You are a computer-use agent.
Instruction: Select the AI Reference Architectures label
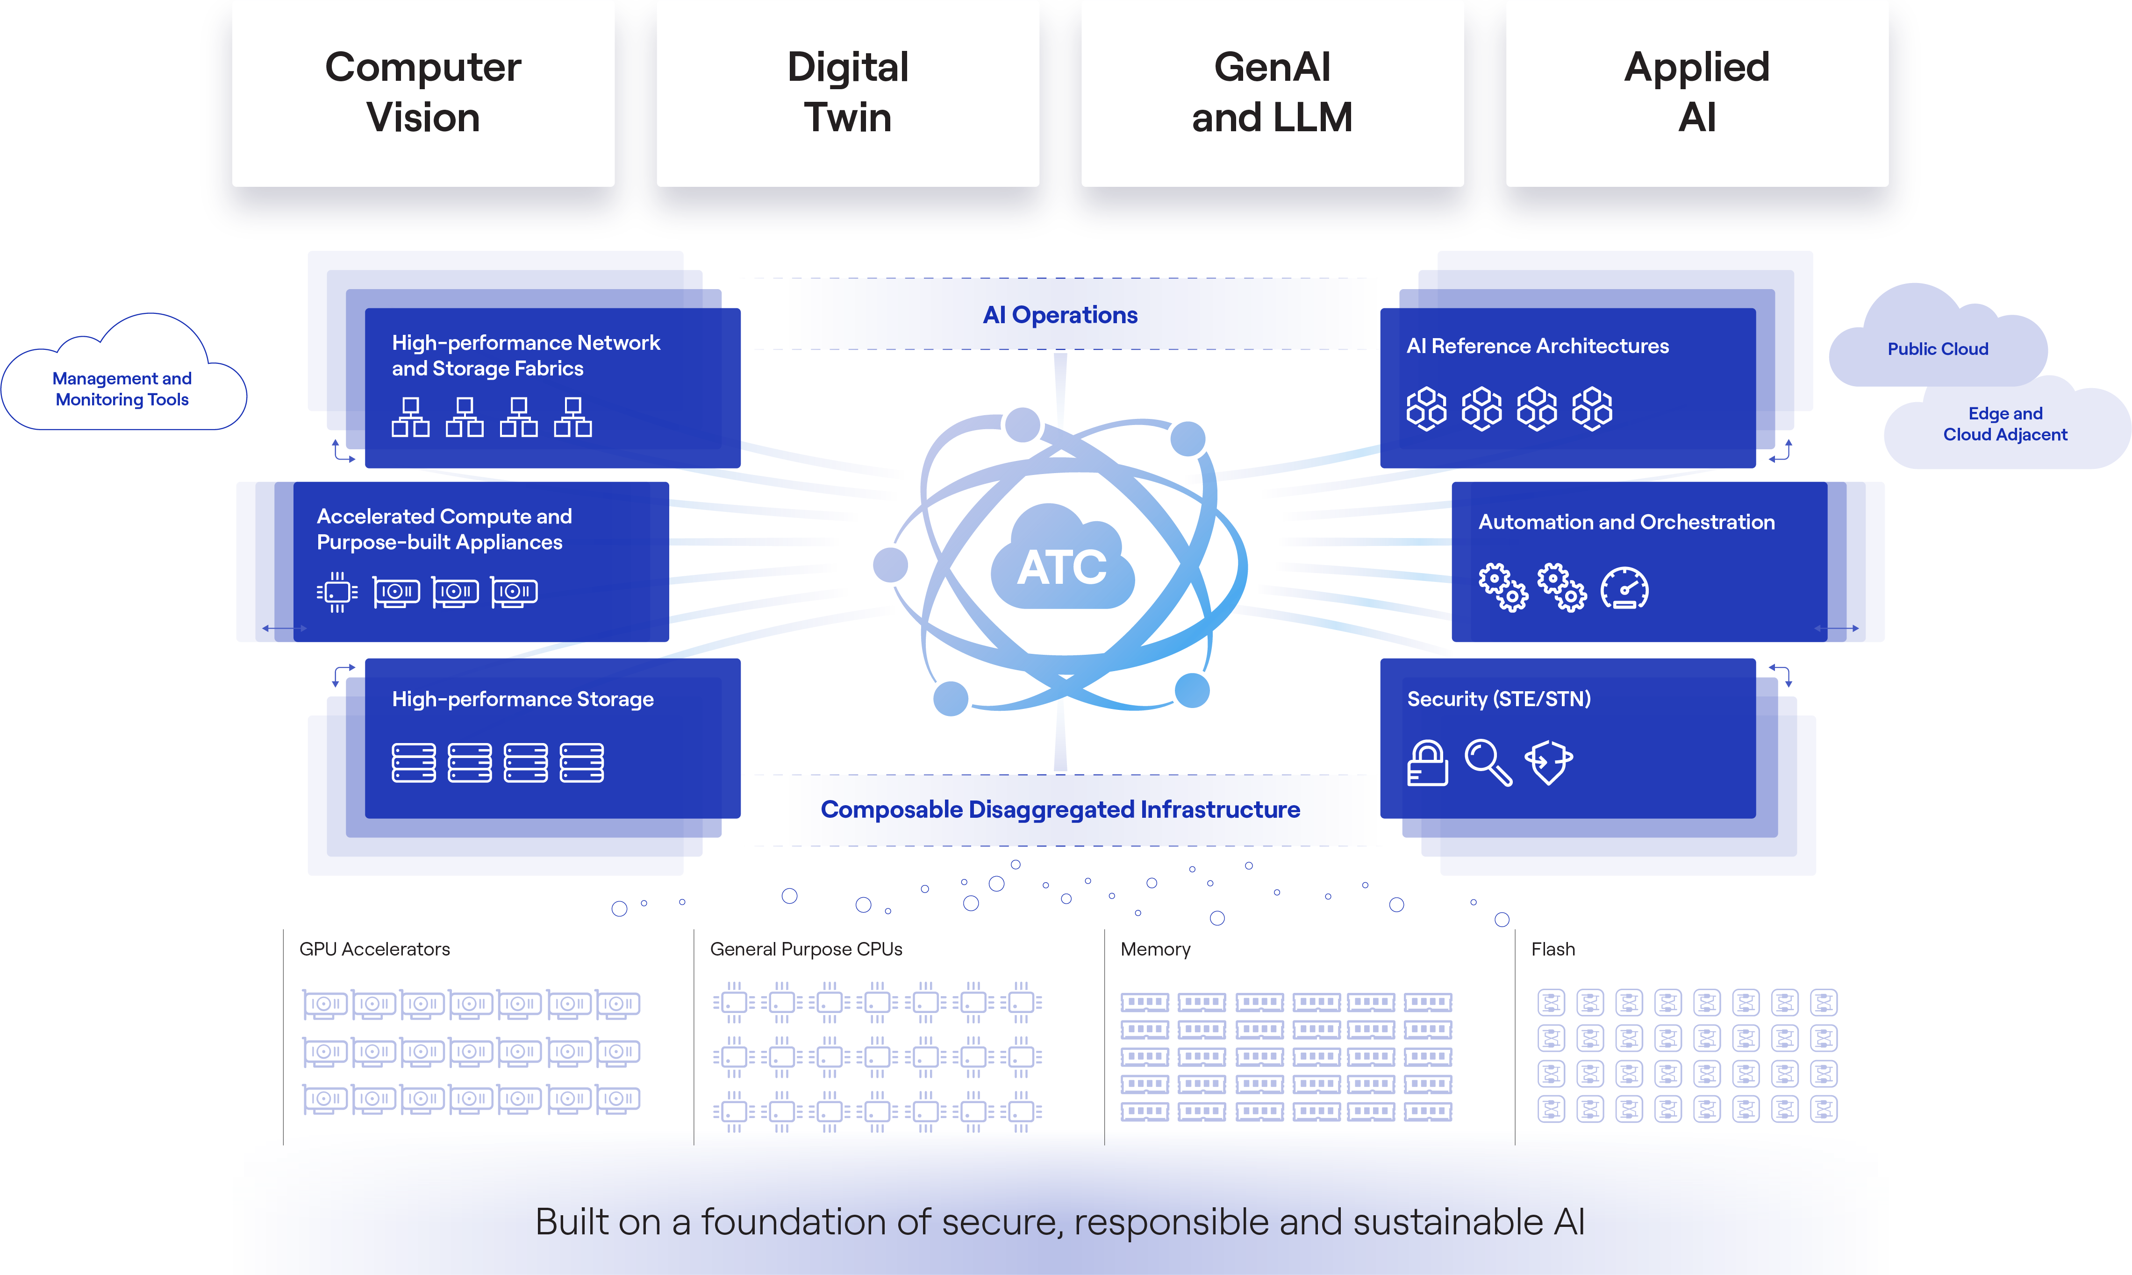click(x=1537, y=346)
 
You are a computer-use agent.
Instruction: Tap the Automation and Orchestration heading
click(x=1626, y=522)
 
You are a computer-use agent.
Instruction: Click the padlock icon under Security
click(x=1427, y=763)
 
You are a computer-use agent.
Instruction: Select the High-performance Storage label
click(x=522, y=699)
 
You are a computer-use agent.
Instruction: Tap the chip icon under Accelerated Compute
click(x=337, y=592)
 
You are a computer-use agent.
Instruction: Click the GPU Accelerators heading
click(x=375, y=949)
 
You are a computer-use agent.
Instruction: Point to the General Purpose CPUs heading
click(x=806, y=949)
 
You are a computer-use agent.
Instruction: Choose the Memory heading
click(x=1155, y=949)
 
